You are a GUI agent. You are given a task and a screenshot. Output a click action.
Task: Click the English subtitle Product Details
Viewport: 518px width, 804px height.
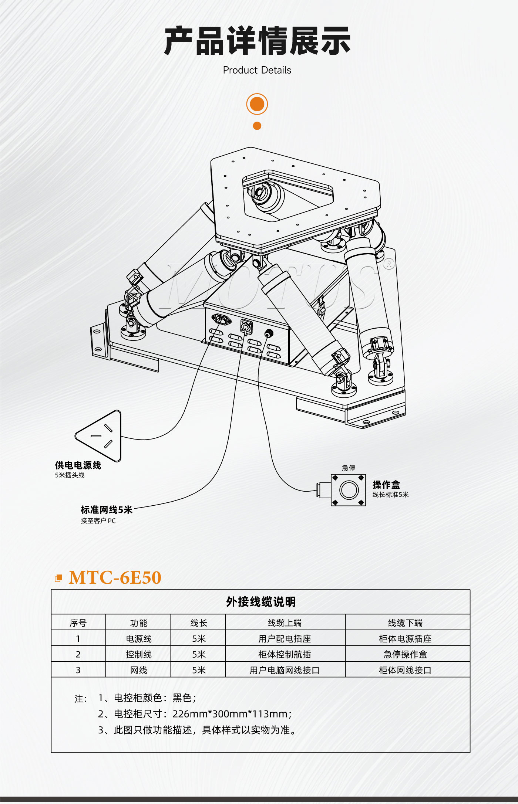(257, 70)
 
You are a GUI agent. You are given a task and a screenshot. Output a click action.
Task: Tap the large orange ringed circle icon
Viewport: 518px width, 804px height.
(257, 104)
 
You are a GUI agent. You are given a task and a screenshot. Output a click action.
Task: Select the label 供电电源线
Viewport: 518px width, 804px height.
(78, 465)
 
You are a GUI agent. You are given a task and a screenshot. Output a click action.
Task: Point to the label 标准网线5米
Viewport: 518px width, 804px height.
(107, 510)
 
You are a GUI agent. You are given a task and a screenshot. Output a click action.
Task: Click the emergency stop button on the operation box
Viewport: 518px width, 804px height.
(349, 490)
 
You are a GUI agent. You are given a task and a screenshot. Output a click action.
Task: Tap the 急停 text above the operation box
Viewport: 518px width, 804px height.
(349, 468)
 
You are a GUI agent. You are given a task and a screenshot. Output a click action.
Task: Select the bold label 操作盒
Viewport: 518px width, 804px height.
(386, 485)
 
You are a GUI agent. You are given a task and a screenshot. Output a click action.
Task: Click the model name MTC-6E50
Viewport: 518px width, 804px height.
(115, 578)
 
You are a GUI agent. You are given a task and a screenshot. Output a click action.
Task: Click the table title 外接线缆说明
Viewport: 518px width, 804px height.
(261, 602)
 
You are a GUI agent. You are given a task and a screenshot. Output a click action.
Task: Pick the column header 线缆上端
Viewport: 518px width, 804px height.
(285, 623)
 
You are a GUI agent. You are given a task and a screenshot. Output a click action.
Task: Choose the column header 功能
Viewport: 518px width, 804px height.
(138, 623)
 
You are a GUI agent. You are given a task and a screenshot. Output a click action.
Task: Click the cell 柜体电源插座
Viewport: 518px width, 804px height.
(405, 639)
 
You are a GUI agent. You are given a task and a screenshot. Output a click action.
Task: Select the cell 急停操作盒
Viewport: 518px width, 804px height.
(405, 655)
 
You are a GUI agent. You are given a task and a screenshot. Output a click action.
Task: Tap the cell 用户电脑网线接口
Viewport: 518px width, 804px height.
(285, 671)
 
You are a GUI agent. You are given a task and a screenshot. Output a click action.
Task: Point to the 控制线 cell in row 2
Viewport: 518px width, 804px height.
(138, 655)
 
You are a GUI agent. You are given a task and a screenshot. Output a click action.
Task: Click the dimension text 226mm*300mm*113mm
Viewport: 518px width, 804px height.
(230, 714)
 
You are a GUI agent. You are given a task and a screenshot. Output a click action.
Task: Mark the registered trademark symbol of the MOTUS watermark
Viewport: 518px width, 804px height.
(388, 264)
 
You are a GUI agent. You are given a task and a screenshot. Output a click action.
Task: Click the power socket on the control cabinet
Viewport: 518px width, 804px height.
(221, 319)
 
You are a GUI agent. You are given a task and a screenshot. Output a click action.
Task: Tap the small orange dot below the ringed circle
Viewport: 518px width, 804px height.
(257, 126)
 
